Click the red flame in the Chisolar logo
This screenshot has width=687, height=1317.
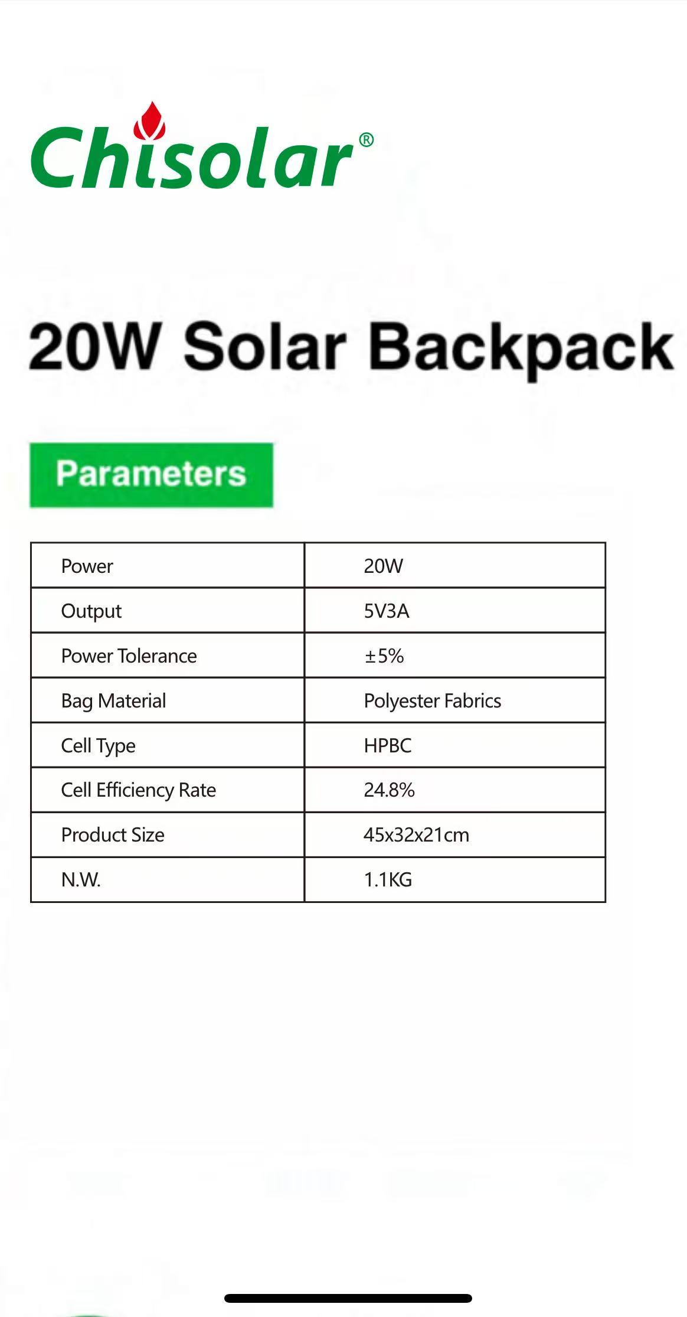[149, 121]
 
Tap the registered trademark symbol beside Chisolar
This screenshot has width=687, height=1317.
[366, 140]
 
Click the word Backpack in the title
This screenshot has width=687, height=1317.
[521, 349]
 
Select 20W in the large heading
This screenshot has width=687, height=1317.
[94, 347]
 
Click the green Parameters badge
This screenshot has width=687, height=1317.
[152, 475]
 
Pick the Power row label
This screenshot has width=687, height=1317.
[87, 566]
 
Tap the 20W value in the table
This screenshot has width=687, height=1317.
[383, 566]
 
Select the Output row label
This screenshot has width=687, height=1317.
[91, 611]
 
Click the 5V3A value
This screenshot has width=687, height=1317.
[387, 611]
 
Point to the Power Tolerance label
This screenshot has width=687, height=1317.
[129, 656]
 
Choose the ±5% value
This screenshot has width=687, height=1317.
[384, 656]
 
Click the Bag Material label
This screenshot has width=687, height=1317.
[114, 701]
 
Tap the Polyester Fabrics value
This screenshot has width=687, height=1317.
[433, 701]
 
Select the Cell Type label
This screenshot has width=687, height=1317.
[99, 746]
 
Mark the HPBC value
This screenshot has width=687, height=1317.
[388, 745]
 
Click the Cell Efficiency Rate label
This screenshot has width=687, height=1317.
[139, 790]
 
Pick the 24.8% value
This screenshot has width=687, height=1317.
[390, 790]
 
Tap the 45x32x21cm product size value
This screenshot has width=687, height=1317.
[417, 834]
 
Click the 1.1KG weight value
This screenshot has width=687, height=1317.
[388, 879]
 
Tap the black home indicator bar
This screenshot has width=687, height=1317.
[348, 1298]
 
